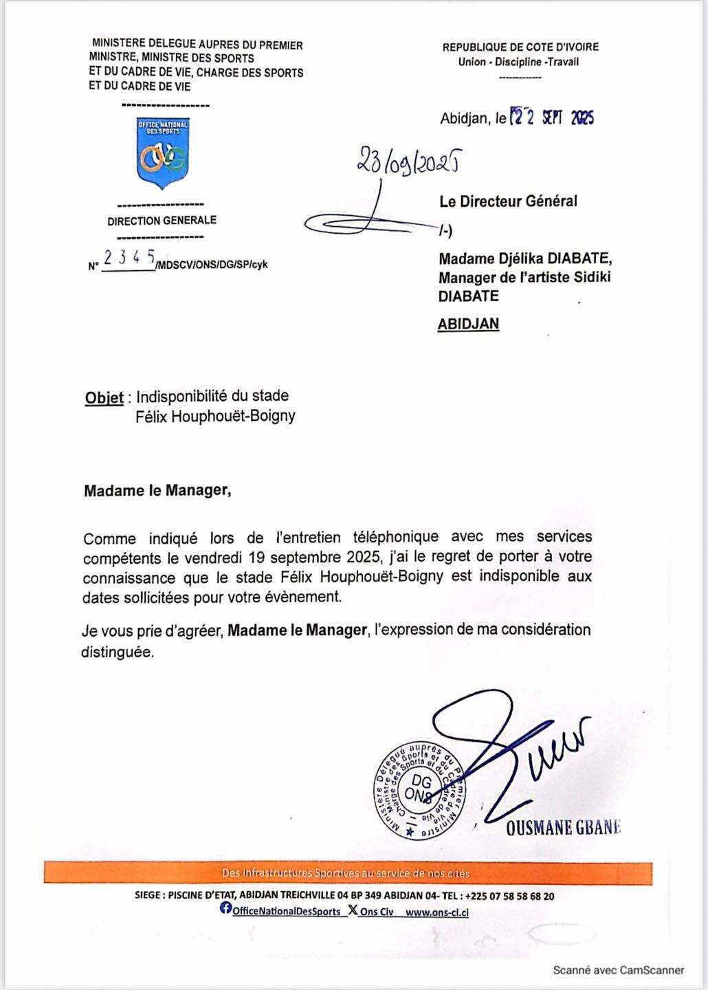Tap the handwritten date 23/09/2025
408,162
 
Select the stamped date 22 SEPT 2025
551,118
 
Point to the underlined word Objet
104,397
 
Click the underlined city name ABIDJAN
468,323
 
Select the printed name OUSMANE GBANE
563,828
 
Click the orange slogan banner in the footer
347,873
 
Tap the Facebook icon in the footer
225,909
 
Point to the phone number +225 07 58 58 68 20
509,896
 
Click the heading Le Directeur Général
508,201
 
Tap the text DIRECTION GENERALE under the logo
162,221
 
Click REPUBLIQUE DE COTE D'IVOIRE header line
520,47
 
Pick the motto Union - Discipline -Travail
518,62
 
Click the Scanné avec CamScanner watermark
618,970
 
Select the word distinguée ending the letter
118,652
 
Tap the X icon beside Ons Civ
352,910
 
